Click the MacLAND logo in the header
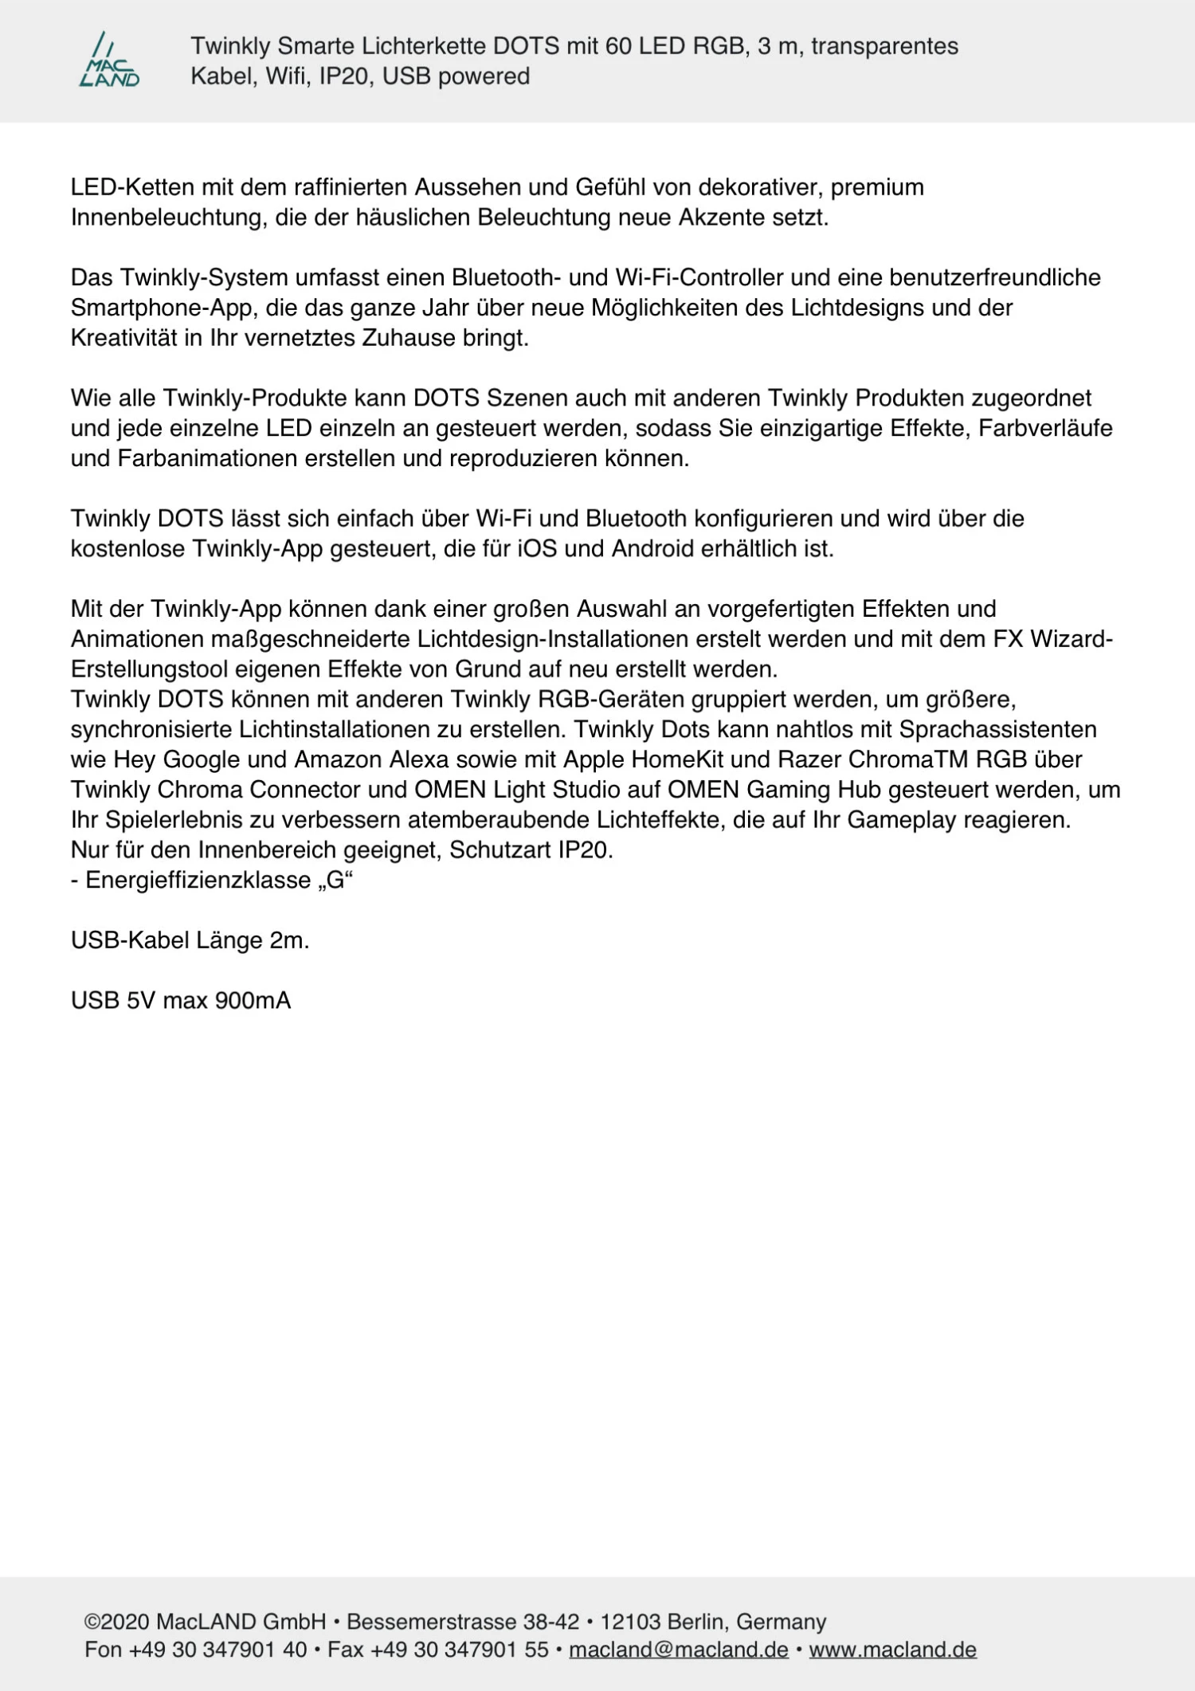(109, 60)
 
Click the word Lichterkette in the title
(424, 46)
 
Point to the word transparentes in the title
(884, 46)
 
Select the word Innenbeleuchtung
(166, 218)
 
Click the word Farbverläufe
(1045, 429)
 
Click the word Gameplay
(901, 820)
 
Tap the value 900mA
(253, 1001)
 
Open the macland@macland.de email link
(678, 1650)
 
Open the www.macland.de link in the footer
(892, 1650)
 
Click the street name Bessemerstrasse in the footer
(431, 1622)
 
